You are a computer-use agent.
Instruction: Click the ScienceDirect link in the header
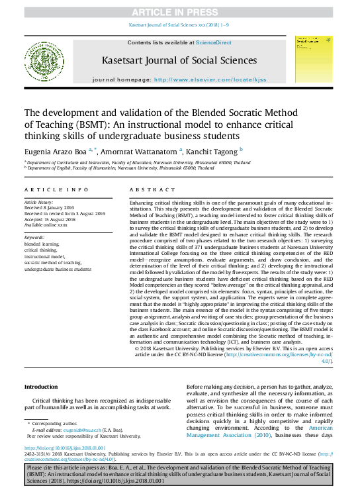(214, 42)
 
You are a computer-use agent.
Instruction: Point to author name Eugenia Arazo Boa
(55, 150)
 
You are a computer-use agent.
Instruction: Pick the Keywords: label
(34, 237)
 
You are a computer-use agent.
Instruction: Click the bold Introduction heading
(41, 387)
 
